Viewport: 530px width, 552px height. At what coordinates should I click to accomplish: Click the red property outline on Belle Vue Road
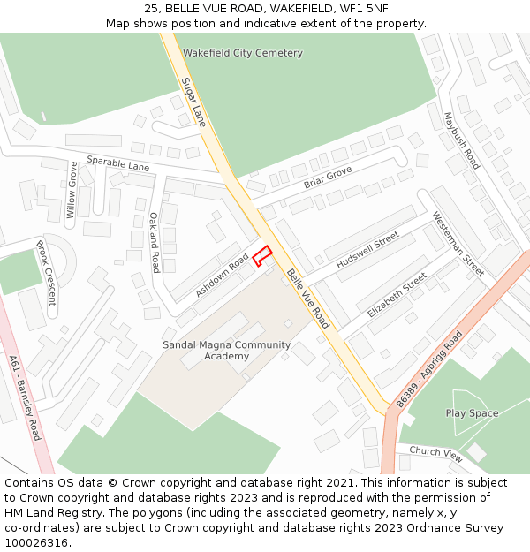click(x=261, y=256)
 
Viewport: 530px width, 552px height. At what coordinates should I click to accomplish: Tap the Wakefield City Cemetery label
click(x=242, y=53)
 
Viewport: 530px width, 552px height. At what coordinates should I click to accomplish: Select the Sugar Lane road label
click(x=193, y=102)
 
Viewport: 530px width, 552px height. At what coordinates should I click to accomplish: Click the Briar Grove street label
click(x=328, y=177)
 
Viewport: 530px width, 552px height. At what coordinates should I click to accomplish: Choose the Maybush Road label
click(x=461, y=140)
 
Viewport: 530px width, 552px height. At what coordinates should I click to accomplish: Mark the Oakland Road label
click(x=155, y=242)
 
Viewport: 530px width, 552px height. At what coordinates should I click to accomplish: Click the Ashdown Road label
click(x=223, y=274)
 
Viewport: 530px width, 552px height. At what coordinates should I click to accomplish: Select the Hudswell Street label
click(x=367, y=252)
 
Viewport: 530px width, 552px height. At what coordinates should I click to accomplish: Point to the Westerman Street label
click(x=458, y=243)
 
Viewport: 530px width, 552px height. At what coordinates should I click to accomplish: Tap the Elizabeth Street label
click(x=397, y=295)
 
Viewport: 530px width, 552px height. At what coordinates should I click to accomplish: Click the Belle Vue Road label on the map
click(x=308, y=299)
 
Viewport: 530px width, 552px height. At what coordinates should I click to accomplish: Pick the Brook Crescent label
click(x=46, y=272)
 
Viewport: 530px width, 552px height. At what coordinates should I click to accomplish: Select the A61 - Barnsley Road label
click(x=24, y=398)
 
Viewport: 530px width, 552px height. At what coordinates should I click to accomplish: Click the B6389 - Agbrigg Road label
click(x=429, y=368)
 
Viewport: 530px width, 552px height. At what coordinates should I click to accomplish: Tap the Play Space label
click(x=472, y=413)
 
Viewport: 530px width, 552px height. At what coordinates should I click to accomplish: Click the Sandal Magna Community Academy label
click(x=226, y=351)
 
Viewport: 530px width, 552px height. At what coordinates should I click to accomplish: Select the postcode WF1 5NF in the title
click(x=363, y=8)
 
